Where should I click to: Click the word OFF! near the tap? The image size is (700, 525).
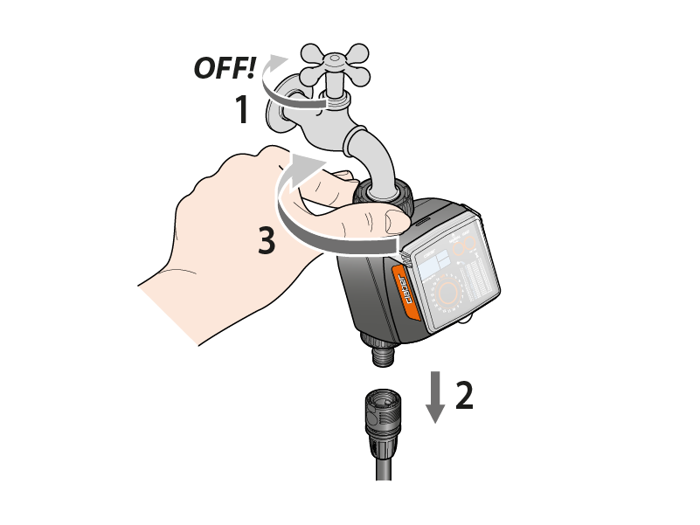225,67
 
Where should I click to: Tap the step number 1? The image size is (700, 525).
241,109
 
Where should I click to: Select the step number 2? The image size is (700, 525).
464,395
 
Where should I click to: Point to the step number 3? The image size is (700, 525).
267,240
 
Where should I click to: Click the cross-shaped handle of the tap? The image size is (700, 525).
336,66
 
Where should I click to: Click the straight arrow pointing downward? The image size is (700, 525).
435,397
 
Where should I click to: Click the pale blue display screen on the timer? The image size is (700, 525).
435,265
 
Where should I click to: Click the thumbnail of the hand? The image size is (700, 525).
396,221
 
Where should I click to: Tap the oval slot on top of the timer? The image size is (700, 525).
423,220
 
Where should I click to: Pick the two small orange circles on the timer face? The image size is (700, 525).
464,245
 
